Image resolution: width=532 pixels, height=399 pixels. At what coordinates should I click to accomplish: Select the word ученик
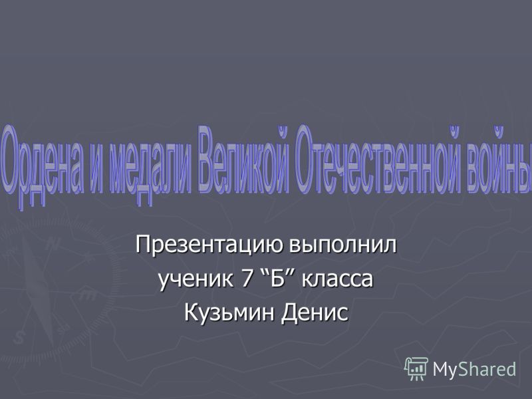pos(196,280)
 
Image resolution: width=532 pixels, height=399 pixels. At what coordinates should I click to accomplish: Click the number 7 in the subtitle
pos(246,278)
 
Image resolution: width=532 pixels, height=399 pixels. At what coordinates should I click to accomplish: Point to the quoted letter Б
pos(277,278)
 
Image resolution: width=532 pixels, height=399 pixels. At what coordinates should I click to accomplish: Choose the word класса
pos(337,280)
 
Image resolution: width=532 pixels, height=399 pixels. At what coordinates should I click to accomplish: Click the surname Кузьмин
pos(229,312)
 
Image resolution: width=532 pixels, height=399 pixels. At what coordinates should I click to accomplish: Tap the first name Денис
pos(314,313)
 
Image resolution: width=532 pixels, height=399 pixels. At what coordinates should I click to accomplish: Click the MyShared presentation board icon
pos(416,368)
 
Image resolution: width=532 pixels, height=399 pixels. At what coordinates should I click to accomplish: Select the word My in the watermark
pos(445,370)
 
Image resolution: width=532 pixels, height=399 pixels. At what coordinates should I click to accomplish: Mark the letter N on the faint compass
pos(52,243)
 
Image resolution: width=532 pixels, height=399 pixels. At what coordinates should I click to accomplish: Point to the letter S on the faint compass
pos(20,338)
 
